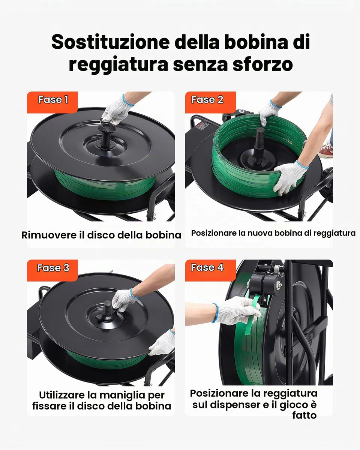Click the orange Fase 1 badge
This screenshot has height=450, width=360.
point(52,102)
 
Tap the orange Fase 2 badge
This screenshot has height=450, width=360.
point(210,102)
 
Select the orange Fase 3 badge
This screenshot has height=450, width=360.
point(52,270)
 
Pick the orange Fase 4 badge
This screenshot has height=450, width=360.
point(210,270)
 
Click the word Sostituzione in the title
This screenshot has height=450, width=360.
point(111,42)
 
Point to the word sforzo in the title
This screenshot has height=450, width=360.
point(263,64)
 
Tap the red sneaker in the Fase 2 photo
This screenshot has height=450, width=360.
point(326,150)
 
